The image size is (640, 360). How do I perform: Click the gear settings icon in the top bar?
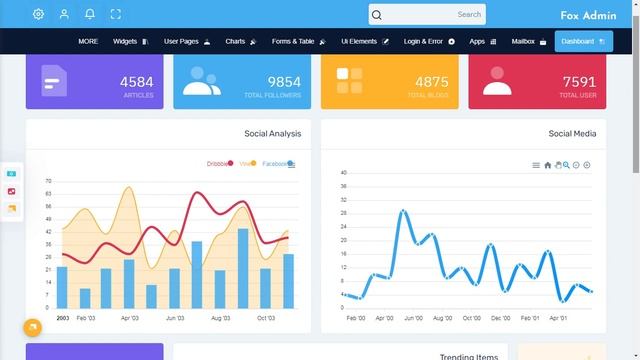pos(38,14)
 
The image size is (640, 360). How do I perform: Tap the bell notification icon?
pos(90,14)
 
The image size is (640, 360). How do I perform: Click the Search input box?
pos(427,15)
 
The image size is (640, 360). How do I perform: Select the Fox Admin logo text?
pos(588,16)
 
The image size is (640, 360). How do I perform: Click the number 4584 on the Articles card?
pos(136,82)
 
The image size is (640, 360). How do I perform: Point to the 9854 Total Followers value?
pos(284,82)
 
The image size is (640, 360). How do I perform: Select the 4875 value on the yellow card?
pos(432,82)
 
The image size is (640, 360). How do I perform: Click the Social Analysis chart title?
pos(272,133)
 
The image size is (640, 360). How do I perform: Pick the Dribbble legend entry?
pos(218,163)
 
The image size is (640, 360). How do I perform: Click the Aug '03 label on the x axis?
pos(220,318)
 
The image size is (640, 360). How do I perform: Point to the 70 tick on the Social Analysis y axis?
pos(48,181)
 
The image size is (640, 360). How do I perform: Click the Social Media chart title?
pos(572,133)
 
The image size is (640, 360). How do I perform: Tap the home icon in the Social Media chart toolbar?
pos(548,165)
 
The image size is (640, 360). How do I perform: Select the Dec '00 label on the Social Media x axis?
pos(500,318)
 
